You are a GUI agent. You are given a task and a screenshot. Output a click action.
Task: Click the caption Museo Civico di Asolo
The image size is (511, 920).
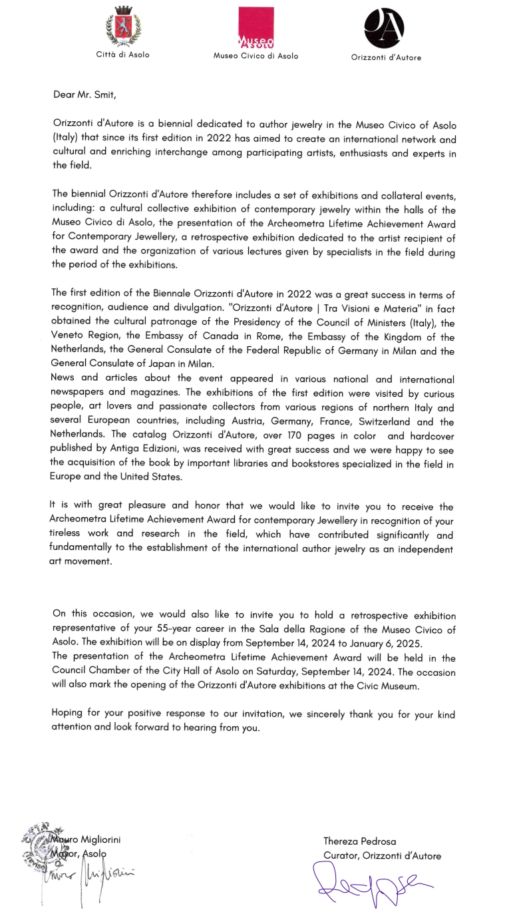255,57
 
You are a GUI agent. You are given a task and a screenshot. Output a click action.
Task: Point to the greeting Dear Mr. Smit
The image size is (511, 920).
85,95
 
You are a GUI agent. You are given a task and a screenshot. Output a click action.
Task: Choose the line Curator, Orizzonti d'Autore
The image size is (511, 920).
382,856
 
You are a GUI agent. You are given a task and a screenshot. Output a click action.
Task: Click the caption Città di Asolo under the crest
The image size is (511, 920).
123,55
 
